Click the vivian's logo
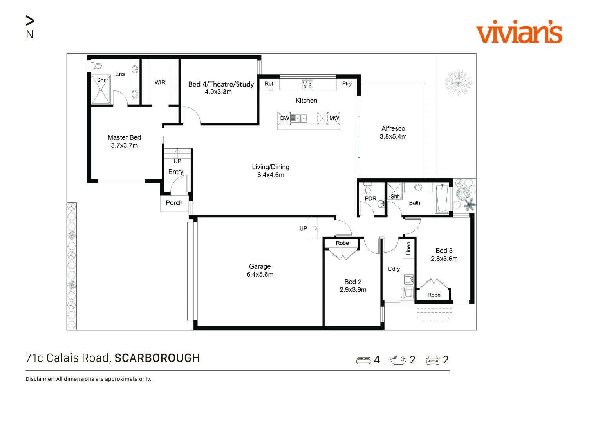(519, 32)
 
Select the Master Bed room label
(124, 137)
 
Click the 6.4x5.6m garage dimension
(260, 274)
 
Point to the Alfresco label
(393, 129)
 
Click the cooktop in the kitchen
(307, 84)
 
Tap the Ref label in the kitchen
(269, 83)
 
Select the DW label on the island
(285, 118)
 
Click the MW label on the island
(334, 118)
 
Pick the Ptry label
(347, 83)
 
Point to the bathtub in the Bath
(442, 198)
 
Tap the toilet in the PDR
(368, 188)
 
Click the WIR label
(160, 83)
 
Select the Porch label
(174, 203)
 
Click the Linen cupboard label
(408, 249)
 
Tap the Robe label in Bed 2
(342, 243)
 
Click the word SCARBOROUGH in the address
(157, 358)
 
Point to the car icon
(433, 360)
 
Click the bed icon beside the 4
(363, 360)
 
